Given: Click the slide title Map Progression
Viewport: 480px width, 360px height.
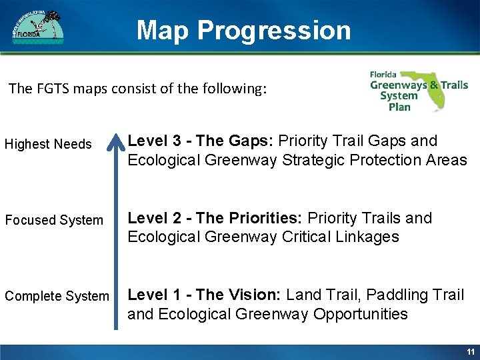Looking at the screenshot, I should point(243,31).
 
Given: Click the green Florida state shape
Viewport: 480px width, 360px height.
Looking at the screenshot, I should point(433,90).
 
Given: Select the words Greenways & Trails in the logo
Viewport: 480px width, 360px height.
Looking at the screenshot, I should point(419,85).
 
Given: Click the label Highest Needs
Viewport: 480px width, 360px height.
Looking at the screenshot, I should point(48,144).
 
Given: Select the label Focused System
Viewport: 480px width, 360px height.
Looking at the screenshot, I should point(54,220).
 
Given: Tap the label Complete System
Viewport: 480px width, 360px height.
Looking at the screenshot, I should point(57,296).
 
